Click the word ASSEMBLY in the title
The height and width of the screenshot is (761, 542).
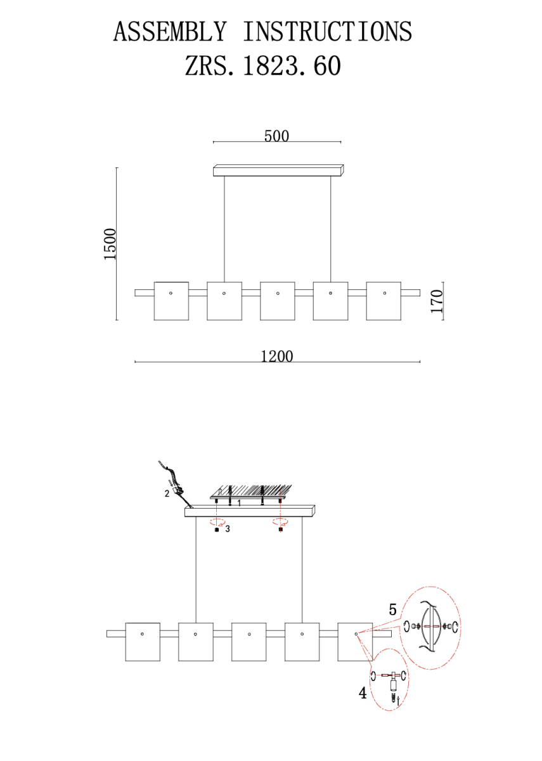[170, 31]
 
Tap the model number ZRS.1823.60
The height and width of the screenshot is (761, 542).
[262, 65]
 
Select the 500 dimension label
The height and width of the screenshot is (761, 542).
[277, 136]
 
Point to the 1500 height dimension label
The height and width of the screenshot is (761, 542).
[110, 244]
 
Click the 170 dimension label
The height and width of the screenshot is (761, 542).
[437, 301]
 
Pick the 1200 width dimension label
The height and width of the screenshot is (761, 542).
[277, 356]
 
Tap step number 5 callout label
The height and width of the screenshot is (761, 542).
[392, 609]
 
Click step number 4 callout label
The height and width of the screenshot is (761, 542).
[363, 693]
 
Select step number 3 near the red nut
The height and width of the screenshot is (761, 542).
[227, 529]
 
